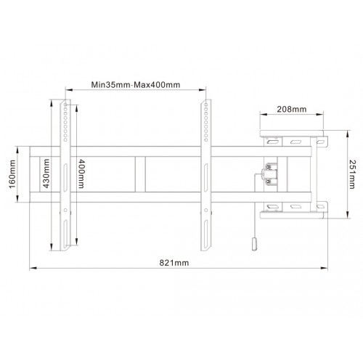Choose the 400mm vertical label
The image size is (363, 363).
point(80,174)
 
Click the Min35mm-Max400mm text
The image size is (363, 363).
point(136,84)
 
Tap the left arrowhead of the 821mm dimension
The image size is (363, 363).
point(32,269)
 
